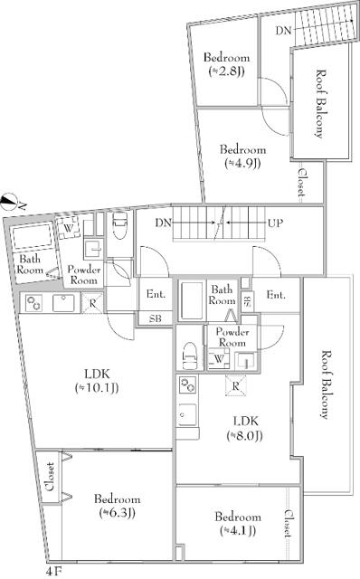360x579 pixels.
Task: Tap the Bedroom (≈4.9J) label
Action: (x=243, y=156)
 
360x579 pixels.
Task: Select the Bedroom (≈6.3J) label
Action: (x=116, y=507)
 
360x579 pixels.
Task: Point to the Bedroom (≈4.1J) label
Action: (x=237, y=524)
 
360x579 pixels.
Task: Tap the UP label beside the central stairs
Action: (x=277, y=222)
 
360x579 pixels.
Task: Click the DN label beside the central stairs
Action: (x=164, y=222)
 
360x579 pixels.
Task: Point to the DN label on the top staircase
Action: (x=283, y=30)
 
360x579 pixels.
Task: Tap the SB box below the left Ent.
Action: (x=155, y=318)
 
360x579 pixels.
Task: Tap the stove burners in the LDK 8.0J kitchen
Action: (x=188, y=387)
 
